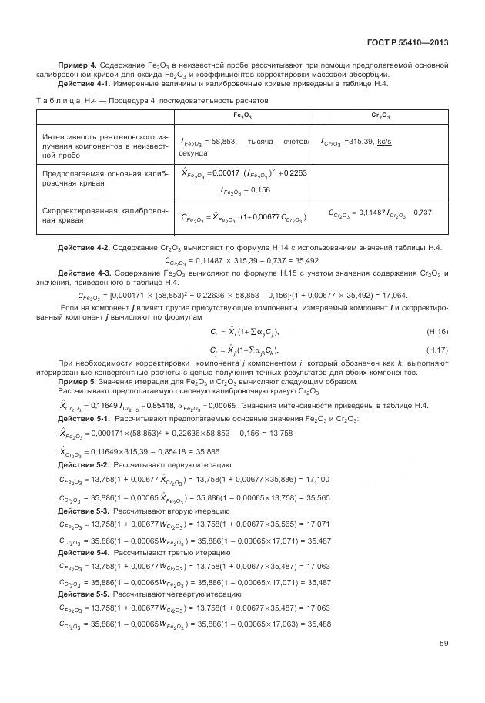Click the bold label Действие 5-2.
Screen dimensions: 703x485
click(84, 465)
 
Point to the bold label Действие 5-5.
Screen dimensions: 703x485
click(84, 595)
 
